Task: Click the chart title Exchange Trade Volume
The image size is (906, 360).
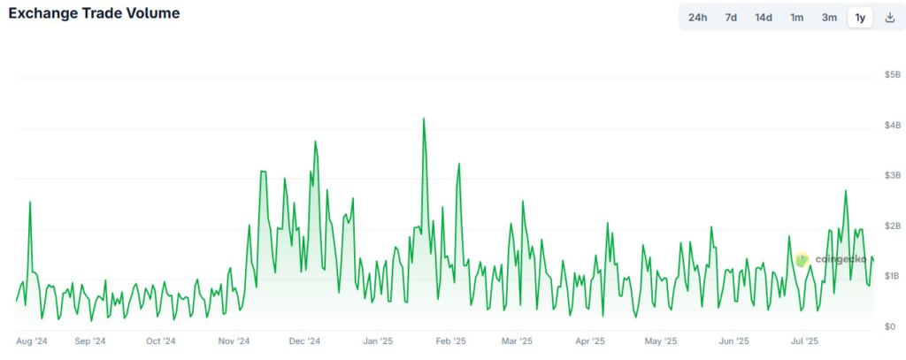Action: pos(94,14)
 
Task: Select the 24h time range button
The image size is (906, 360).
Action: pos(698,18)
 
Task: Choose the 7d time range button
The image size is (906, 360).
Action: pos(731,18)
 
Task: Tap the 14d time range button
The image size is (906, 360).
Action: pos(764,18)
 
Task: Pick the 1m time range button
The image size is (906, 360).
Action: pos(797,18)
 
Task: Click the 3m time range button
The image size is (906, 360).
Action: pos(829,18)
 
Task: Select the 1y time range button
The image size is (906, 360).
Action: pos(860,18)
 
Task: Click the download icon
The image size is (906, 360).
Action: pos(889,18)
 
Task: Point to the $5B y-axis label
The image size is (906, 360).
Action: pos(891,75)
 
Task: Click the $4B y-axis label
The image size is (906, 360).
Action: pos(891,126)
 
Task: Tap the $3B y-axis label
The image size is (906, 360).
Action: pos(891,176)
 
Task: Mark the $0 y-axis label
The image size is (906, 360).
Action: pos(891,326)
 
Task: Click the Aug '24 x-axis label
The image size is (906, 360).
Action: pos(32,341)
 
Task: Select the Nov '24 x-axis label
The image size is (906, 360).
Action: pos(234,341)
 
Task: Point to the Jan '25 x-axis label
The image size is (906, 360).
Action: pos(378,341)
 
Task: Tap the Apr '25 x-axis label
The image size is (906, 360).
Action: pos(590,341)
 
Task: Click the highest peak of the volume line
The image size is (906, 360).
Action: pos(424,119)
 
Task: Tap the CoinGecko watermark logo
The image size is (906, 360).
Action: pos(802,259)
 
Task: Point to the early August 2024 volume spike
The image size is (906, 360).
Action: pos(30,203)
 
